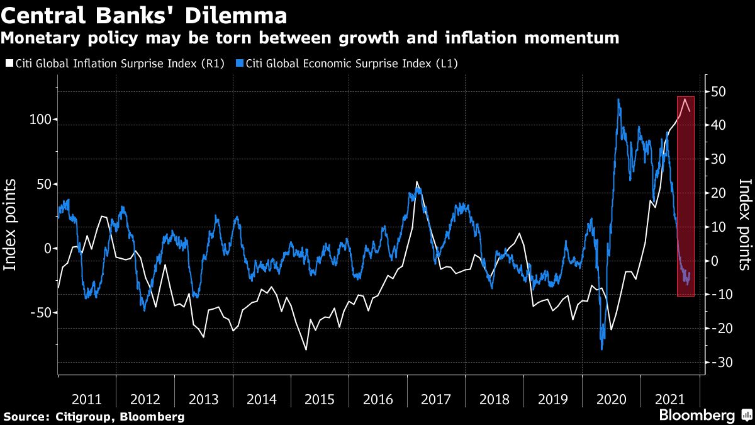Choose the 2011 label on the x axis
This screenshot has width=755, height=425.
pos(87,399)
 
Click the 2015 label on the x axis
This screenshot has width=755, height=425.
pos(319,399)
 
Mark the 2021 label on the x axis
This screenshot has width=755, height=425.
pos(669,399)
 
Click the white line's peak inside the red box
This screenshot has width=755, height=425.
pos(685,99)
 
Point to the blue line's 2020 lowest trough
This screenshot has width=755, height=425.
pos(602,349)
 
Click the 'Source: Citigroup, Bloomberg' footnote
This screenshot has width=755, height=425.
pos(94,417)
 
